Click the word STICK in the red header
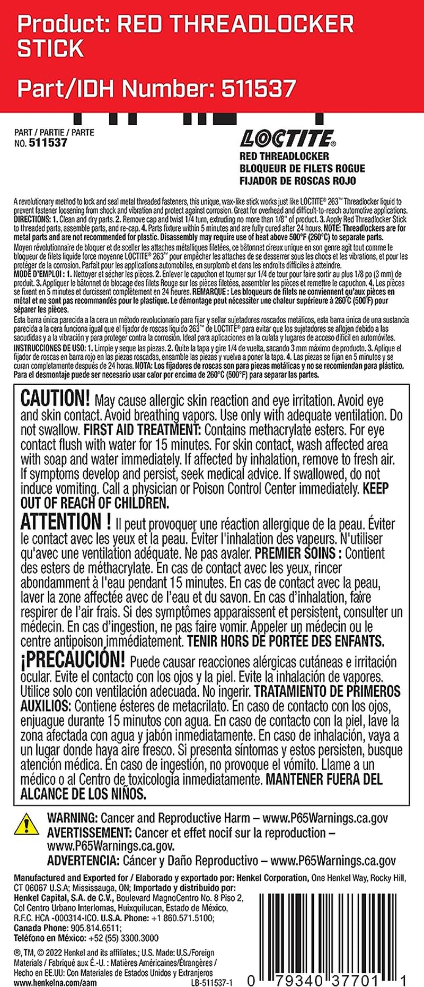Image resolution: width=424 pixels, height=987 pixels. point(50,49)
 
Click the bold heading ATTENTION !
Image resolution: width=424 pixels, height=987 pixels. point(66,522)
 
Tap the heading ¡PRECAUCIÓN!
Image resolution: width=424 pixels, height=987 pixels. point(73,660)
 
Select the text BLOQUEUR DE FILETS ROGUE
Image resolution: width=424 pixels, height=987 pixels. point(302,168)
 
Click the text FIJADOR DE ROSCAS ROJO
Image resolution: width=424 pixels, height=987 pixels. point(297,180)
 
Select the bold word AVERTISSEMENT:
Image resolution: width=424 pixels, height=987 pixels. point(89,833)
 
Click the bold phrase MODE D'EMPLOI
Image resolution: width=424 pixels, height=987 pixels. point(38,274)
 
